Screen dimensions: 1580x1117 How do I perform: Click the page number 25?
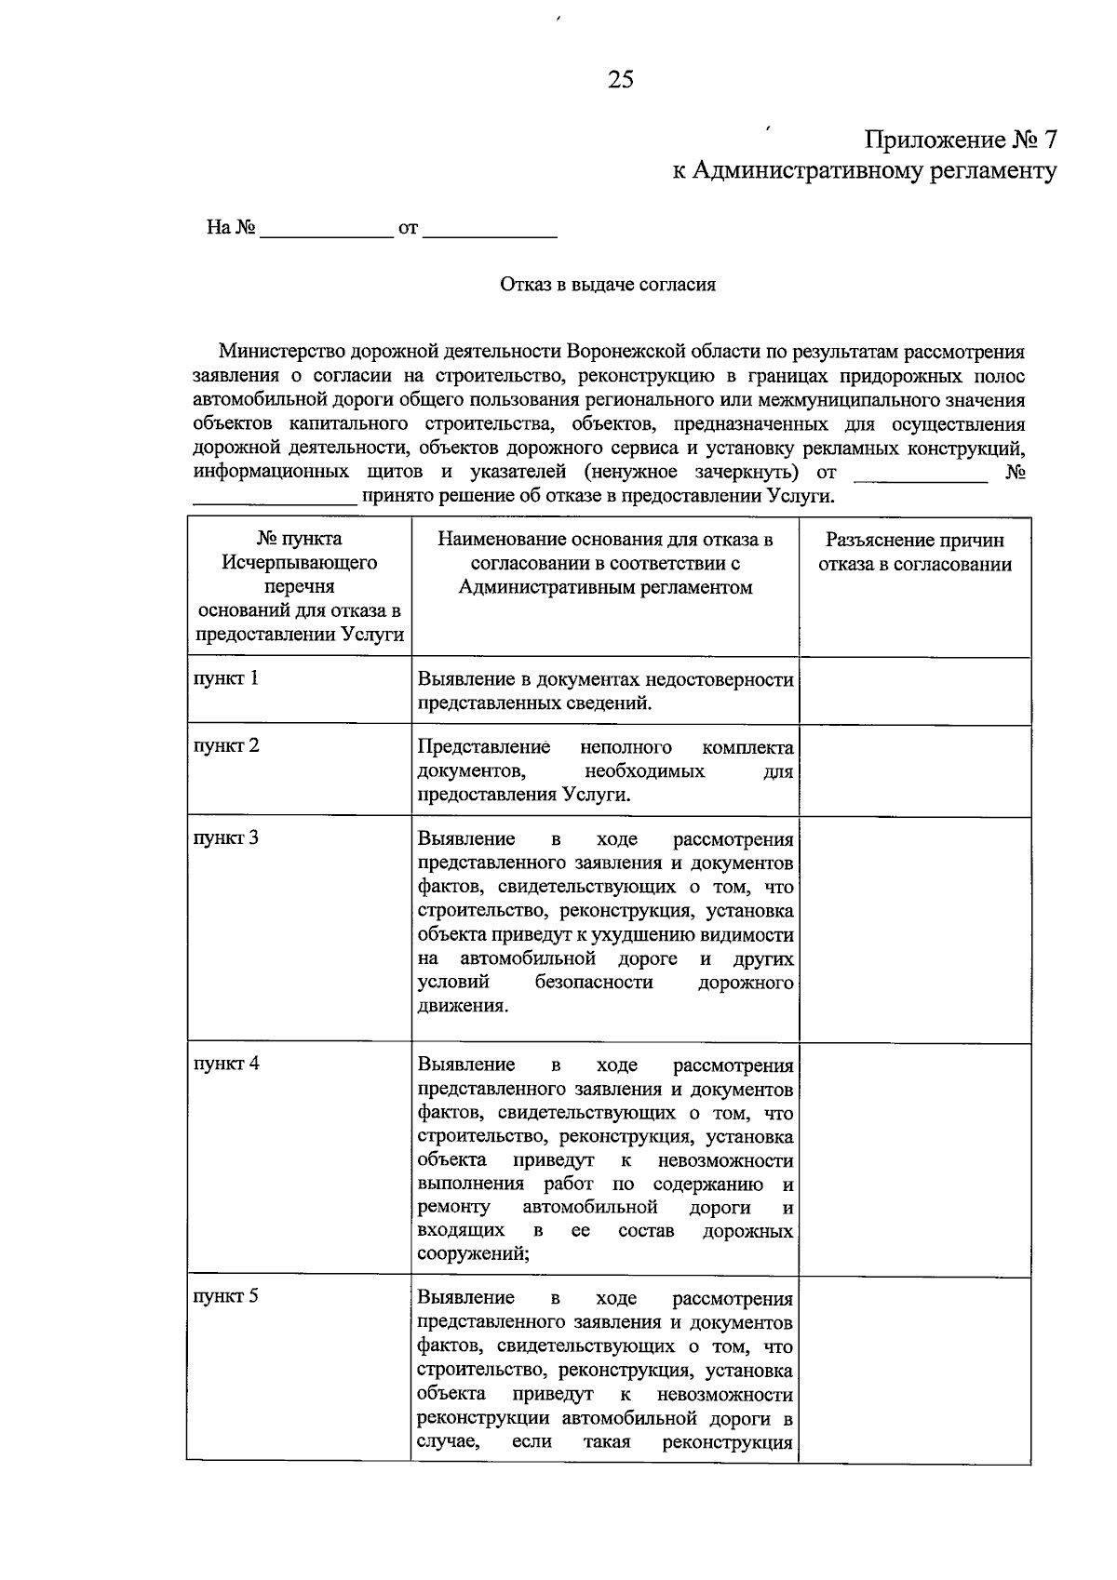[620, 80]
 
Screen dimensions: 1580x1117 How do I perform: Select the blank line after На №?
[327, 230]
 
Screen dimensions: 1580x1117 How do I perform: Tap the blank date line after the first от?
[490, 230]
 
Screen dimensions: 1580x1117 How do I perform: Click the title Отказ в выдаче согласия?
[607, 285]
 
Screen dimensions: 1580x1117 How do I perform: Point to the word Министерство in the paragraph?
[282, 352]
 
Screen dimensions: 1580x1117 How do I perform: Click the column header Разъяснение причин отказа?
[914, 553]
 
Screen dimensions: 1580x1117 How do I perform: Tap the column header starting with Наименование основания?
[605, 563]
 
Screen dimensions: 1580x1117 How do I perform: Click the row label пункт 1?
[226, 678]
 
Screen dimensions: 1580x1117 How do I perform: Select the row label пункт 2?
[226, 745]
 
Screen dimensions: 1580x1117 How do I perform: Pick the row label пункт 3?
[226, 837]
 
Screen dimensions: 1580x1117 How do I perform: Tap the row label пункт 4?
[226, 1064]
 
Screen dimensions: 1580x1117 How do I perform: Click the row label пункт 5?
[226, 1296]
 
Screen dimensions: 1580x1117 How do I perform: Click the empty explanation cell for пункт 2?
[914, 770]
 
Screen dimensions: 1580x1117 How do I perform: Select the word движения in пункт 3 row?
[462, 1006]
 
